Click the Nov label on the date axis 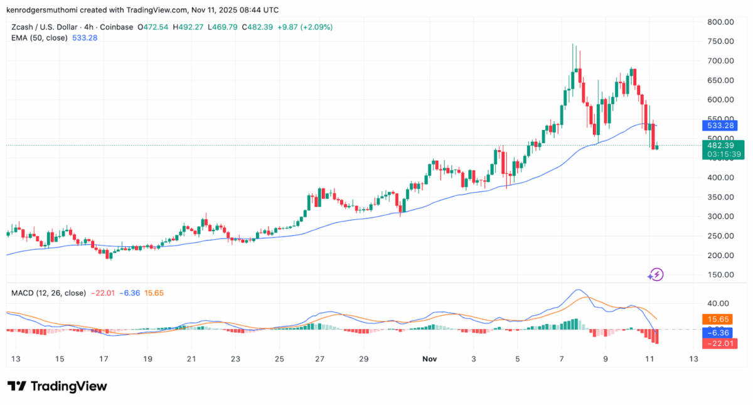pos(429,359)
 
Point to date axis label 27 pos(319,359)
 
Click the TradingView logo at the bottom pos(57,386)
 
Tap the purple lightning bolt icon pos(656,274)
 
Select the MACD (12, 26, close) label pos(49,293)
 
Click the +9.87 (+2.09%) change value pos(309,27)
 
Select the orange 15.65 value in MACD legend pos(154,293)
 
